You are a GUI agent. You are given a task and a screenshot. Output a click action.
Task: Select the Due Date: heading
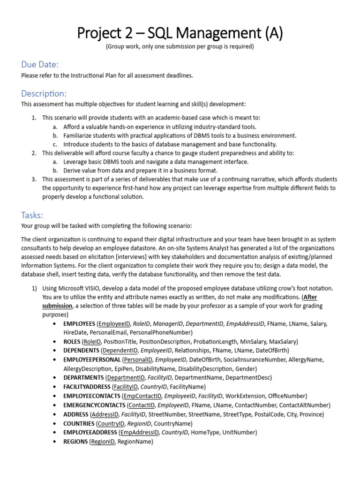(x=40, y=64)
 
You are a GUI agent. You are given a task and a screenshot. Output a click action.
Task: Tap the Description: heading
(x=44, y=93)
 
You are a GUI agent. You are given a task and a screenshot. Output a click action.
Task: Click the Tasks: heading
(x=32, y=215)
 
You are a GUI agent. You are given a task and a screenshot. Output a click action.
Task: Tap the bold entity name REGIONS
(x=75, y=442)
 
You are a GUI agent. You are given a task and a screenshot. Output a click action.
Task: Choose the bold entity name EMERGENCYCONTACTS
(x=94, y=405)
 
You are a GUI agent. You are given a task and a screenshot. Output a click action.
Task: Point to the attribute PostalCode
(x=263, y=414)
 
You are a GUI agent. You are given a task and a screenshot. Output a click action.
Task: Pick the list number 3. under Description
(x=34, y=179)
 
